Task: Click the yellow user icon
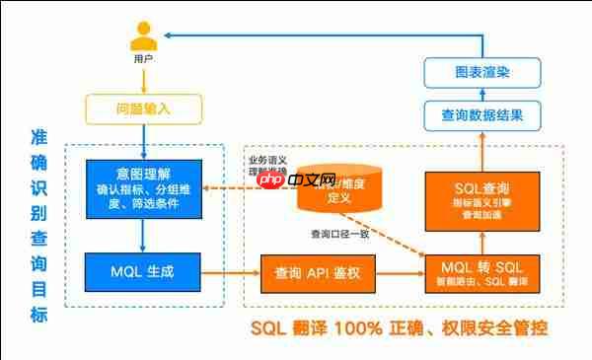(x=143, y=38)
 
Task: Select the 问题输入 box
(x=143, y=107)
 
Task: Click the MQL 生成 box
(x=143, y=267)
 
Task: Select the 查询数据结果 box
(x=482, y=115)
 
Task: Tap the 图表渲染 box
(x=482, y=72)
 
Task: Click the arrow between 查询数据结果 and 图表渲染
(x=482, y=94)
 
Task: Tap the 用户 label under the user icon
(x=143, y=60)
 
